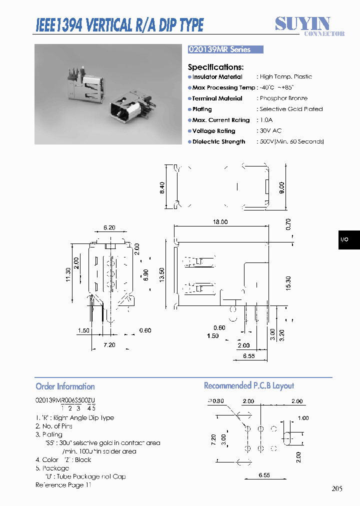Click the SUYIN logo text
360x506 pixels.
(302, 23)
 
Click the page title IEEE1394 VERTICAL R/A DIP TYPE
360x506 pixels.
(119, 25)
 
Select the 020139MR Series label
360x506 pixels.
(219, 49)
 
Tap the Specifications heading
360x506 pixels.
(215, 67)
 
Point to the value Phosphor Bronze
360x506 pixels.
(283, 98)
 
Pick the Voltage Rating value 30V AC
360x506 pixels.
(270, 131)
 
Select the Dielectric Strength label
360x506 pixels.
(218, 142)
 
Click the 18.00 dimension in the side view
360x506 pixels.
(220, 222)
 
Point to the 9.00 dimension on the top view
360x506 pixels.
(281, 187)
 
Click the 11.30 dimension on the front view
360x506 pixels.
(68, 274)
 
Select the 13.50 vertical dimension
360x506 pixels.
(161, 274)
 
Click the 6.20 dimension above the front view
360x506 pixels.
(109, 228)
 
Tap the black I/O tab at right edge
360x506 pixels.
(345, 240)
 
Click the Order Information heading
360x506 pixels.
(65, 386)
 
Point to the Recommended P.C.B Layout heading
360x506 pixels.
(248, 386)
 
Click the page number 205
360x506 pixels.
(336, 488)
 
